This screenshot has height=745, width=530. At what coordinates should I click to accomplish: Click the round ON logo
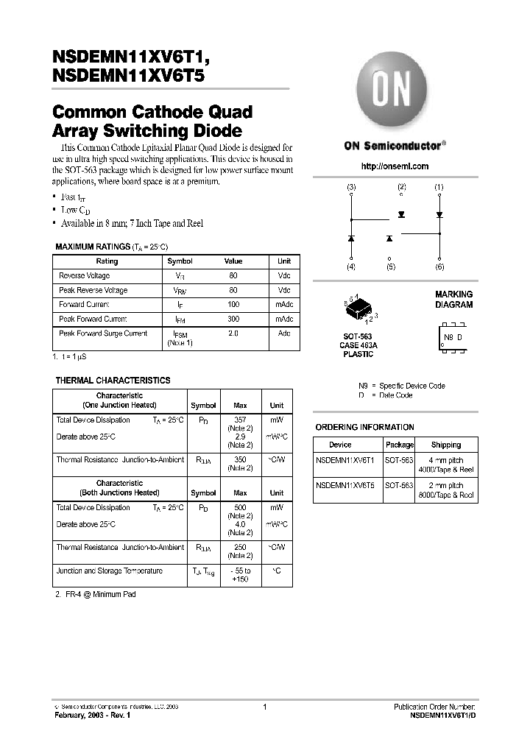[395, 93]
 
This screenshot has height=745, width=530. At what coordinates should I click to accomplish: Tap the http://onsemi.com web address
[395, 166]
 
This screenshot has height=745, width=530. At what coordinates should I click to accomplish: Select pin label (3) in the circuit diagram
[351, 188]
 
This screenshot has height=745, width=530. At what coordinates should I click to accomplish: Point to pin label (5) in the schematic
[390, 267]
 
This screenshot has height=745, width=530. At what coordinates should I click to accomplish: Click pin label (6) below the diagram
[439, 267]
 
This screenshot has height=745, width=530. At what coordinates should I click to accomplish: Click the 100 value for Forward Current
[233, 305]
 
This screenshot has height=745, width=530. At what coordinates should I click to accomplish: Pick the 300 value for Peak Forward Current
[233, 319]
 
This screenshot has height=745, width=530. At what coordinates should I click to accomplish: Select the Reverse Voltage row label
[84, 276]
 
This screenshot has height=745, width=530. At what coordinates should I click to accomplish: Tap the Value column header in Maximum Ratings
[233, 261]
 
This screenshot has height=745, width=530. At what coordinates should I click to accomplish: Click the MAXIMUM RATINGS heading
[93, 247]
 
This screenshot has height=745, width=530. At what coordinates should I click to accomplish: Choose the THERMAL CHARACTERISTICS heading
[113, 381]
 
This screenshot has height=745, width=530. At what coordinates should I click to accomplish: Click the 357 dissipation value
[240, 420]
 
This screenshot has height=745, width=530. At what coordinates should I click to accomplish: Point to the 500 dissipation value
[240, 508]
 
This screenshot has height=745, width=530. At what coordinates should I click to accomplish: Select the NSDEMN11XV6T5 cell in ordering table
[345, 486]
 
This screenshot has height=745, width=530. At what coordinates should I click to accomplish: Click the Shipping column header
[446, 445]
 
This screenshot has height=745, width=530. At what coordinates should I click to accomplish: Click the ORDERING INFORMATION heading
[364, 428]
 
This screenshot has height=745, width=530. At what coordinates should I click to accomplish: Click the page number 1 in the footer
[264, 707]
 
